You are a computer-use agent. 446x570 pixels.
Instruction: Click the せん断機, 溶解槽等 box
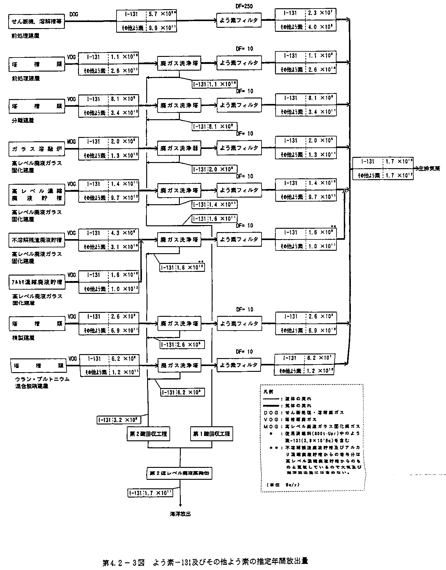click(36, 21)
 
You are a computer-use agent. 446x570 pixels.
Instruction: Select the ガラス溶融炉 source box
click(36, 149)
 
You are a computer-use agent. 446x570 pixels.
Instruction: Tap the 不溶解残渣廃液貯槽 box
click(36, 240)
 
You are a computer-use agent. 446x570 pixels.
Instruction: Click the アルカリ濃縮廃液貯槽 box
click(36, 282)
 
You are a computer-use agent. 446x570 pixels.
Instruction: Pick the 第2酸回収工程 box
click(148, 434)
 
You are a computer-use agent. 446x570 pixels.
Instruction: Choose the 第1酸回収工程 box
click(211, 434)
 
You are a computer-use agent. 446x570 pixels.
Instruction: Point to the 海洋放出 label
click(180, 514)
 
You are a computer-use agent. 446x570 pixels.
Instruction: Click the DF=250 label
click(244, 6)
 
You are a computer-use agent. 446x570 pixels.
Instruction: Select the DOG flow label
click(74, 14)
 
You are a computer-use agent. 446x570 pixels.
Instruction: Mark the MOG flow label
click(71, 142)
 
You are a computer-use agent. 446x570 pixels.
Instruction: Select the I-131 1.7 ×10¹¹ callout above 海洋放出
click(150, 493)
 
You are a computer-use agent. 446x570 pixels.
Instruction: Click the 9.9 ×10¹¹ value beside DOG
click(161, 28)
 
